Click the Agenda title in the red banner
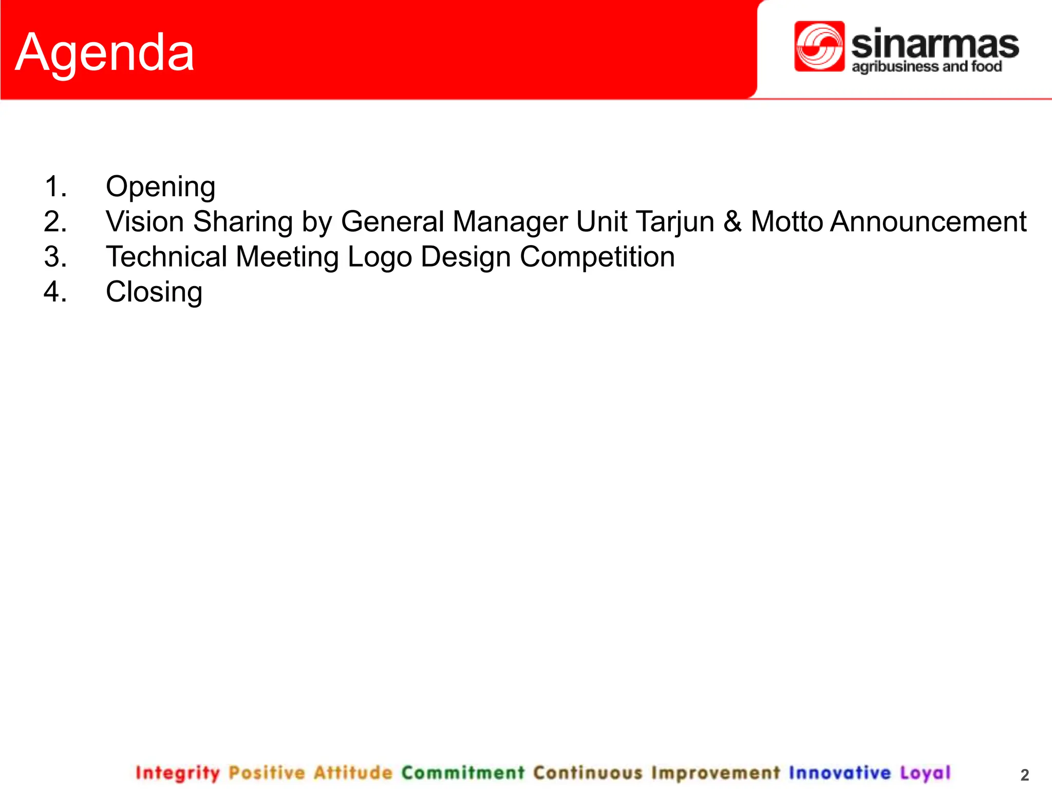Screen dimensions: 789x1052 pyautogui.click(x=105, y=53)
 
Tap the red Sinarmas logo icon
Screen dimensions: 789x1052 pyautogui.click(x=819, y=46)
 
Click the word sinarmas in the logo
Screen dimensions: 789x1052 pyautogui.click(x=934, y=45)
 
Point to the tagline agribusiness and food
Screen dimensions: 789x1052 pyautogui.click(x=927, y=67)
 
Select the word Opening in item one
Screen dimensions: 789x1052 pyautogui.click(x=160, y=187)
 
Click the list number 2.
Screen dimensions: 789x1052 pyautogui.click(x=55, y=222)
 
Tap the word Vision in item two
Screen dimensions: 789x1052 pyautogui.click(x=145, y=222)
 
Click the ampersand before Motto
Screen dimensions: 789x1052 pyautogui.click(x=732, y=222)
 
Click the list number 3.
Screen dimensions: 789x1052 pyautogui.click(x=55, y=257)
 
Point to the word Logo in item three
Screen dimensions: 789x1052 pyautogui.click(x=380, y=257)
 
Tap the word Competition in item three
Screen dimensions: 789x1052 pyautogui.click(x=597, y=257)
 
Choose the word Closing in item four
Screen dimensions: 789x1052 pyautogui.click(x=154, y=292)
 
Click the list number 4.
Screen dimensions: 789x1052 pyautogui.click(x=55, y=292)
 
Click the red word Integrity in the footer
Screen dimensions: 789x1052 pyautogui.click(x=177, y=773)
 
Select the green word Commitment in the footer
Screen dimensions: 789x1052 pyautogui.click(x=463, y=773)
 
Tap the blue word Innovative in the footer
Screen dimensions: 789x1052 pyautogui.click(x=839, y=773)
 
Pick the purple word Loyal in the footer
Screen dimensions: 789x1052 pyautogui.click(x=925, y=773)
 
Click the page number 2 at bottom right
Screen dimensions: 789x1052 pyautogui.click(x=1024, y=775)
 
